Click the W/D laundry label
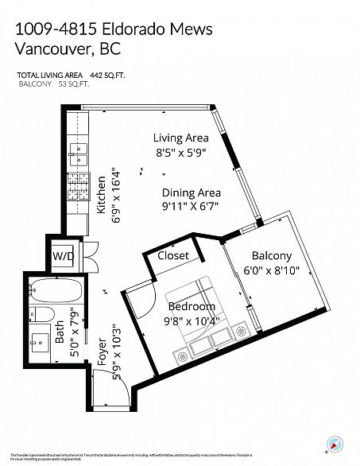(63, 256)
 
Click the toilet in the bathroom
(44, 314)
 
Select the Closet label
(173, 255)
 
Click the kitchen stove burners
(78, 192)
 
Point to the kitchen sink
(78, 153)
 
